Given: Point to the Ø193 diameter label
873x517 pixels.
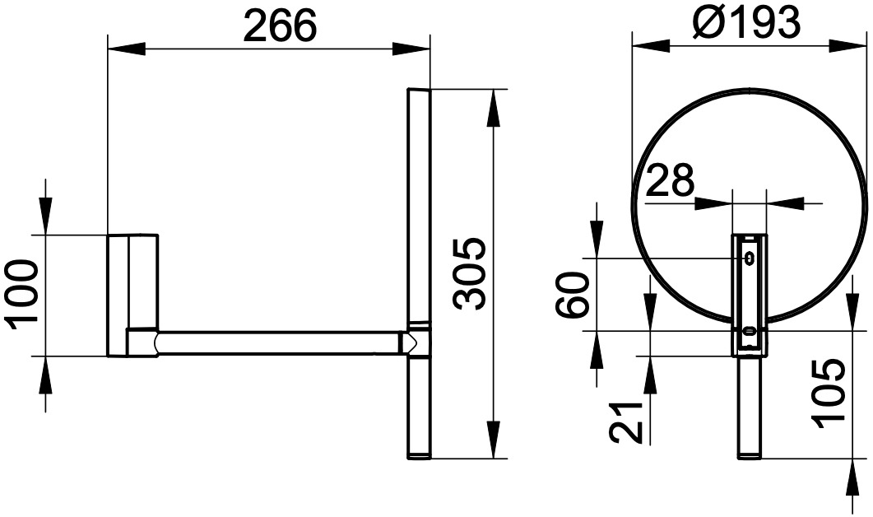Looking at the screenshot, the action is [746, 22].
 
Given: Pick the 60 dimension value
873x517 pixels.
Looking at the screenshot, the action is [573, 294].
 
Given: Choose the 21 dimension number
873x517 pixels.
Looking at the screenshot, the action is [626, 422].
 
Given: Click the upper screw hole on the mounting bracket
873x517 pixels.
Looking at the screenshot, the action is [750, 258].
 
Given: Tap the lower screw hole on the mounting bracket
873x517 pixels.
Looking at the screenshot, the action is [750, 332].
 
